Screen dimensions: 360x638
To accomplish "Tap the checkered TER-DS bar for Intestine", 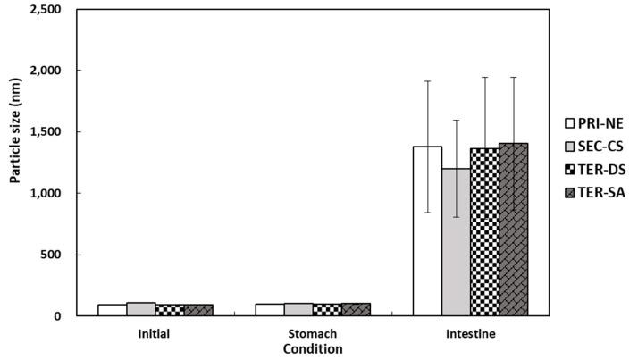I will (x=484, y=231).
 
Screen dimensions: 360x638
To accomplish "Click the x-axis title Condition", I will (x=313, y=349).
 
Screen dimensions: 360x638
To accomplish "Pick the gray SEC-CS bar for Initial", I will (x=141, y=309).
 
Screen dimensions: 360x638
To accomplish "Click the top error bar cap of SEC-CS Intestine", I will (x=456, y=120).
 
